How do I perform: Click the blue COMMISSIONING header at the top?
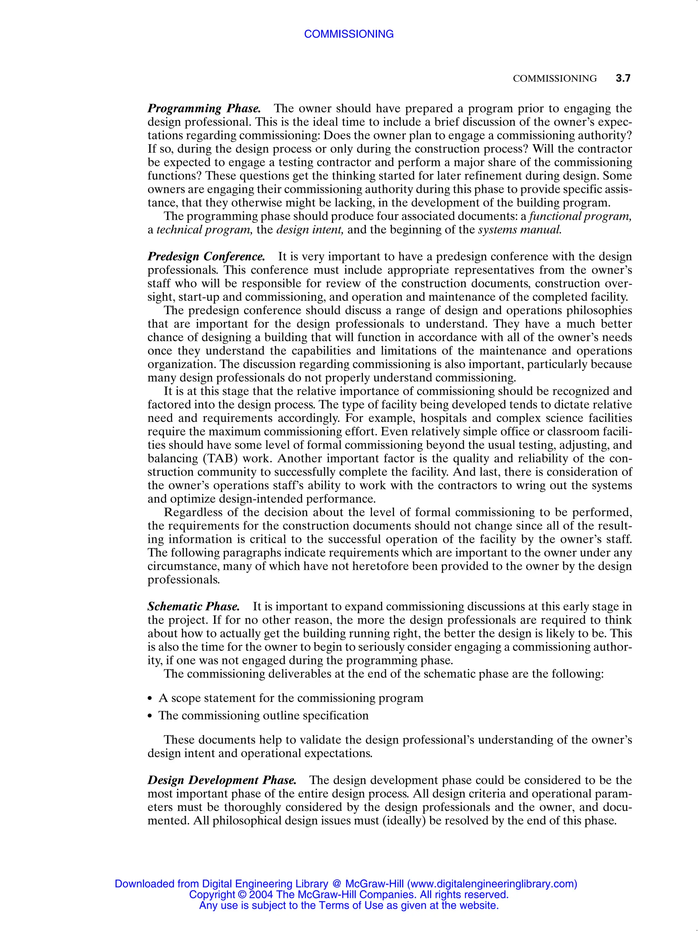point(349,34)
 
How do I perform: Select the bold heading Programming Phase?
point(204,109)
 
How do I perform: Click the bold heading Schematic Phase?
point(194,607)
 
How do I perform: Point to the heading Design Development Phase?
point(222,780)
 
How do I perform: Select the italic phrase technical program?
point(204,230)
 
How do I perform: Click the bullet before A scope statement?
point(150,699)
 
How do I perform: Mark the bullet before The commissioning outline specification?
point(150,716)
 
